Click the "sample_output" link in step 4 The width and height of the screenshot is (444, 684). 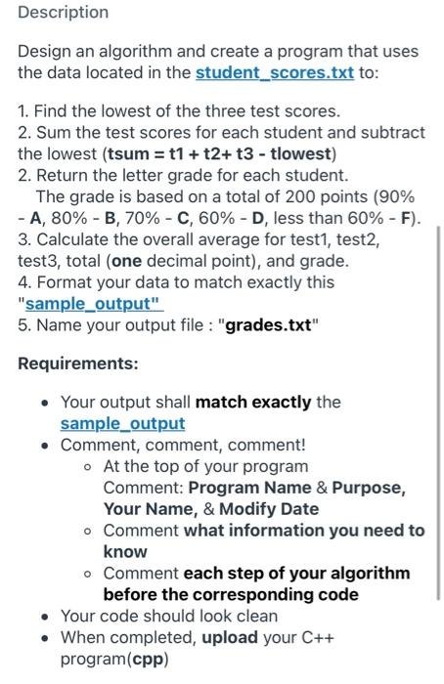[91, 304]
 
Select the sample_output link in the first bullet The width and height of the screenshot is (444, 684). [122, 423]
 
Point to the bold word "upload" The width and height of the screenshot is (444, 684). [232, 637]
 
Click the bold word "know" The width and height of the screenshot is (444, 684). [125, 551]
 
